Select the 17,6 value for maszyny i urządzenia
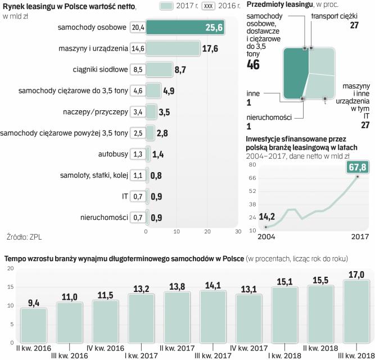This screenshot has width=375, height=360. coord(210,48)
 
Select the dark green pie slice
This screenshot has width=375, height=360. coord(295,73)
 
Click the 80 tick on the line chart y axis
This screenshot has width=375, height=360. coord(252,165)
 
